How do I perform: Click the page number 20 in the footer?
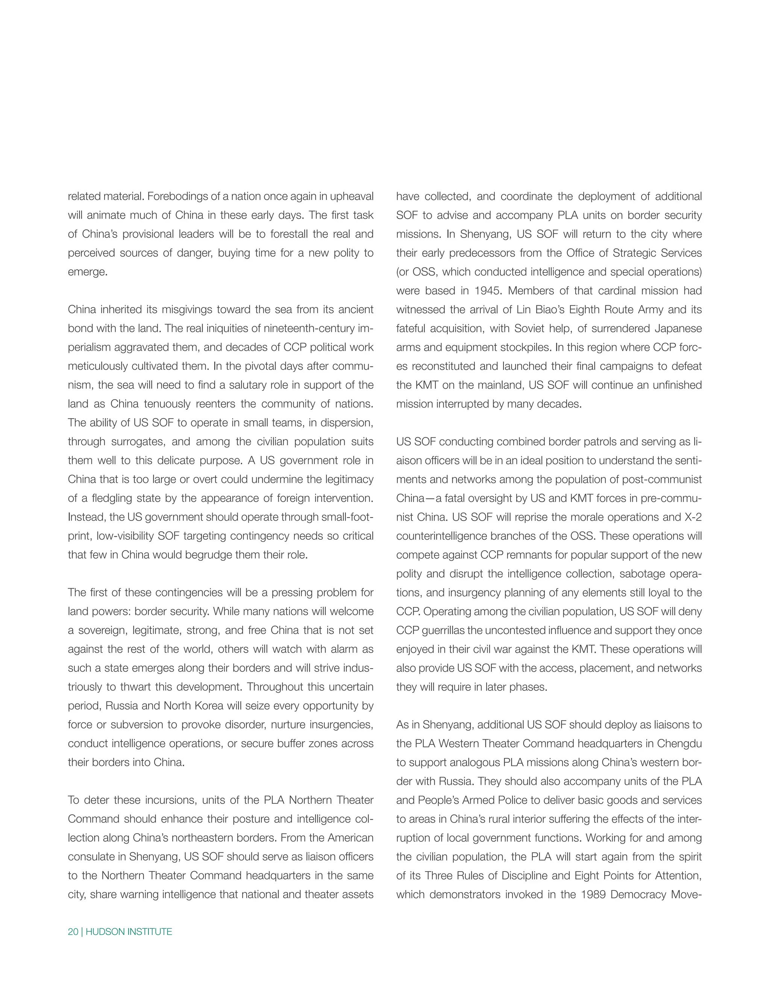[73, 932]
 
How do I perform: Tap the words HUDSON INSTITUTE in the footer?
[129, 932]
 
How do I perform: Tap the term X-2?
[693, 517]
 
